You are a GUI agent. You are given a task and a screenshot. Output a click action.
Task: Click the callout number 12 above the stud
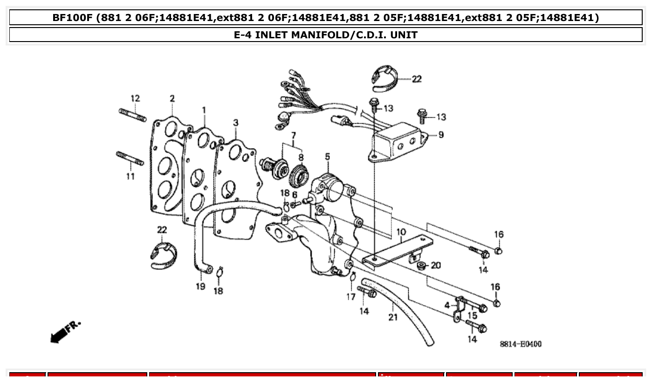[135, 99]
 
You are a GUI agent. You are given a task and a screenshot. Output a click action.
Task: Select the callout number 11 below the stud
[130, 176]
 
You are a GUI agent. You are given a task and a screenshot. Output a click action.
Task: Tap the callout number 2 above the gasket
[172, 99]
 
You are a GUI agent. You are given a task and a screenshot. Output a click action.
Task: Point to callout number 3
[236, 122]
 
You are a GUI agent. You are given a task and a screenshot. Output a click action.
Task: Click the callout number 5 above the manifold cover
[327, 156]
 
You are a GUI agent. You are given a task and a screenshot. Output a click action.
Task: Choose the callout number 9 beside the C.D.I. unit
[440, 135]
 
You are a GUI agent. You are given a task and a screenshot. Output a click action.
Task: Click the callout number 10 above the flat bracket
[401, 232]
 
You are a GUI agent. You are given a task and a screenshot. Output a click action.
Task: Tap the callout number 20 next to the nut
[435, 266]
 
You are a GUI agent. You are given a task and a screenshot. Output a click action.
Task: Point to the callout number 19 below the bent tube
[200, 286]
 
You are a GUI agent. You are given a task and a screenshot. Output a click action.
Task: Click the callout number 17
[351, 297]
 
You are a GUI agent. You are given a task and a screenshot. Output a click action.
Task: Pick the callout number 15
[472, 316]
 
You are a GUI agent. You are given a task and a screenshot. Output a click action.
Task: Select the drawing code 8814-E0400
[521, 344]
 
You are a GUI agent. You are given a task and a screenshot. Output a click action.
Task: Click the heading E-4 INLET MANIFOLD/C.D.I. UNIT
[325, 35]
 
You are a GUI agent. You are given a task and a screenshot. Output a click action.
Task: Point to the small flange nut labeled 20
[422, 266]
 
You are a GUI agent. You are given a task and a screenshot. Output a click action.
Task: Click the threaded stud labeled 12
[132, 114]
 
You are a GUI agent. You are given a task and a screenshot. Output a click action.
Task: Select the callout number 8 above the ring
[301, 158]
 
